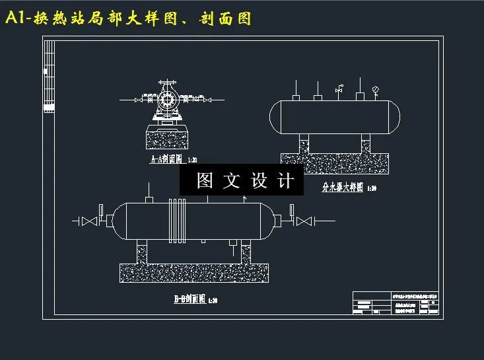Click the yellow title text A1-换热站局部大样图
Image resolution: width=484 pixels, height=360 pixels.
[128, 18]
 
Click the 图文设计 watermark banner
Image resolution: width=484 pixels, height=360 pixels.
[242, 180]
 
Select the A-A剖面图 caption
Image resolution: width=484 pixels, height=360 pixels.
[169, 160]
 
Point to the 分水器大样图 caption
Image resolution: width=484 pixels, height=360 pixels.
[344, 187]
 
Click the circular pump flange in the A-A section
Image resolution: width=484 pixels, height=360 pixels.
[166, 99]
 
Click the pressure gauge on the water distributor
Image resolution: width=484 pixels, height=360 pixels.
[376, 89]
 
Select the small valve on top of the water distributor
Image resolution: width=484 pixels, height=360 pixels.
[339, 89]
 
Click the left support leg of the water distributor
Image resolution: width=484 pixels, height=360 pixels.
[304, 145]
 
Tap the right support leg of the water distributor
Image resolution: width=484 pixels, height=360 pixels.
[366, 145]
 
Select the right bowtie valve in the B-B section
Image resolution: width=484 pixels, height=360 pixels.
[303, 221]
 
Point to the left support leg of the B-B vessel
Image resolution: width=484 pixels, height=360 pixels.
[141, 253]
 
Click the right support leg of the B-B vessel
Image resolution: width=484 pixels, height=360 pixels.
[247, 253]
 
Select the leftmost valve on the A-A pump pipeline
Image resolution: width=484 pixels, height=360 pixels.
[138, 100]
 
